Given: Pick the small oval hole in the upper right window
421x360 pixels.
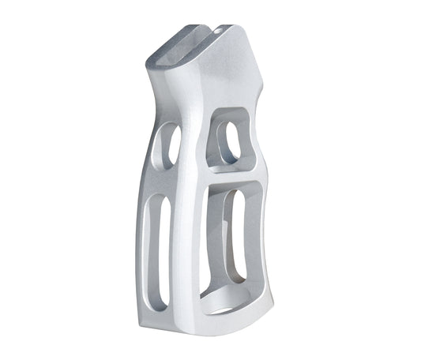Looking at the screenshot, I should point(229,143).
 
